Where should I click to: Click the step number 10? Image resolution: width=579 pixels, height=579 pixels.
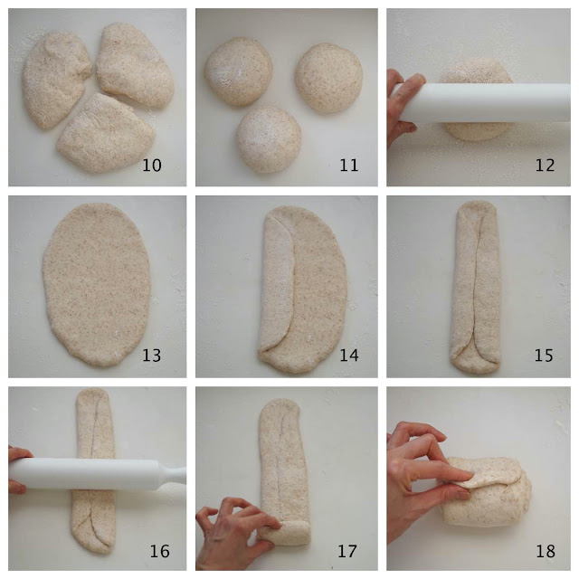point(152,165)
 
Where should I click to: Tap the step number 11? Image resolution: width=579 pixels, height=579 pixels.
point(348,165)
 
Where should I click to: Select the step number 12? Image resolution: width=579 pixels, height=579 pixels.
point(545,165)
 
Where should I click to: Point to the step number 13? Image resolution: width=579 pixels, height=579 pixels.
point(152,356)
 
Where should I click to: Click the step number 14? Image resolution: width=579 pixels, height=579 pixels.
point(348,356)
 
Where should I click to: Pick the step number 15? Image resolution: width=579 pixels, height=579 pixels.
point(544,356)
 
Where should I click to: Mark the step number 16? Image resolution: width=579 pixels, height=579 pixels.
point(159,551)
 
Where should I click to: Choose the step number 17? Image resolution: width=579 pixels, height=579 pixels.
point(347,551)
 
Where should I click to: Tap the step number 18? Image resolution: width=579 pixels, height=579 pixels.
point(546,551)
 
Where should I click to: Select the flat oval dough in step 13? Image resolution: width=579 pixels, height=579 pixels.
point(97,284)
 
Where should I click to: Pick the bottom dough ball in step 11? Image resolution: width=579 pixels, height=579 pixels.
point(269,139)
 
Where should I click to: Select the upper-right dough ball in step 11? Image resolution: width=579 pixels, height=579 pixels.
point(328,78)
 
